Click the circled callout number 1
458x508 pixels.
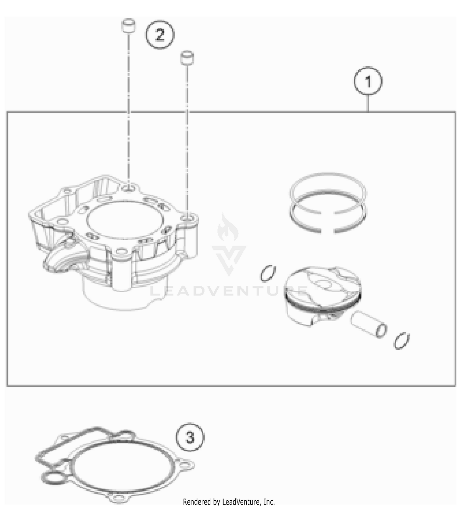(368, 81)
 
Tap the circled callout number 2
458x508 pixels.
(160, 35)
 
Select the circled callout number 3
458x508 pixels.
(190, 437)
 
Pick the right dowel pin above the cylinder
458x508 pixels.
(187, 57)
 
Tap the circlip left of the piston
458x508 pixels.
(268, 273)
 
